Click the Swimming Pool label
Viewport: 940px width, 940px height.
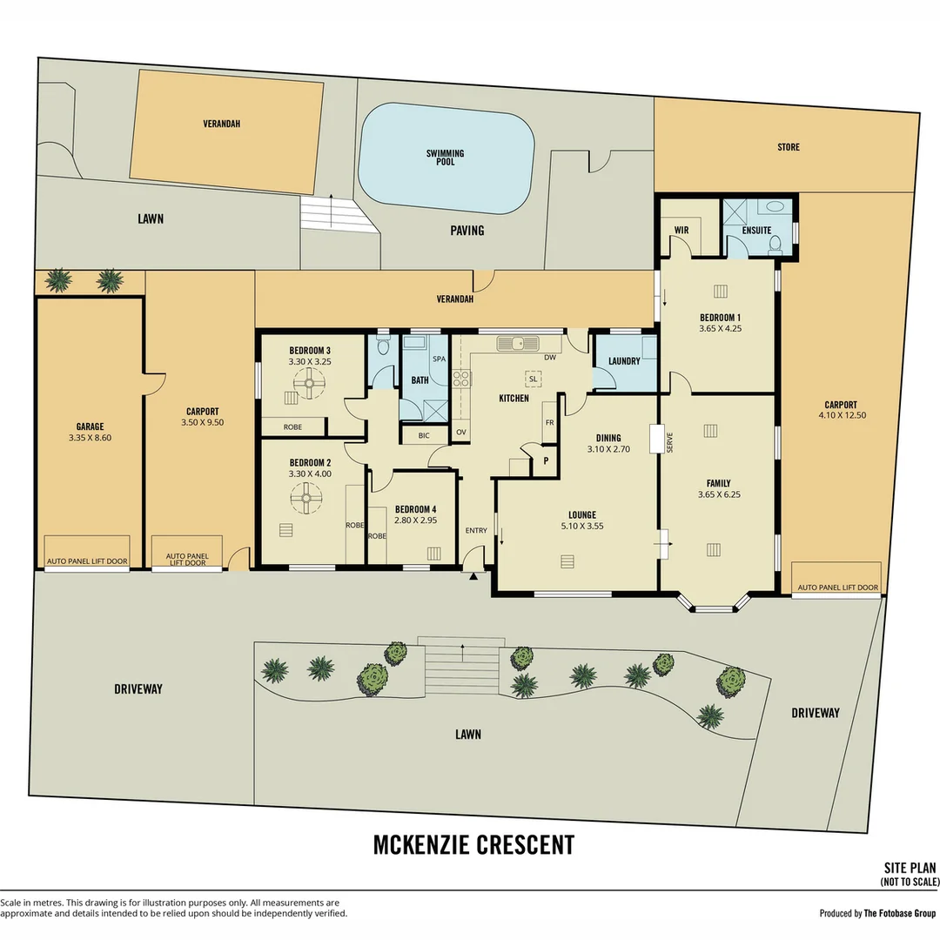(x=445, y=158)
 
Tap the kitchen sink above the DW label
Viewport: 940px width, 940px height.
(x=518, y=344)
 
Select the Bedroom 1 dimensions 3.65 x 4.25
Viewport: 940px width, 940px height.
(x=720, y=328)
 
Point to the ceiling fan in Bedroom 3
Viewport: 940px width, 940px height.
(x=309, y=383)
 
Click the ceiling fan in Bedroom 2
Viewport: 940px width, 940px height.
(x=306, y=498)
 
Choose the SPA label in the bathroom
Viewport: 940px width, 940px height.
(x=439, y=359)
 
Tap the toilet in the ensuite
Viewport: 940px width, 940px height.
(x=775, y=245)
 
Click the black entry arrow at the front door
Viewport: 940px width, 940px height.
(x=473, y=577)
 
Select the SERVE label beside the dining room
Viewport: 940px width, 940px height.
(x=669, y=442)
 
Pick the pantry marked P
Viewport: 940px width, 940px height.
(x=546, y=461)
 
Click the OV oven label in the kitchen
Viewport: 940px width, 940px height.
(x=461, y=433)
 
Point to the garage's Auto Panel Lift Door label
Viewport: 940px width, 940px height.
(x=88, y=561)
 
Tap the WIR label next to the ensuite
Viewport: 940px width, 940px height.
(x=681, y=230)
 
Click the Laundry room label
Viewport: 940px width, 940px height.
(x=624, y=361)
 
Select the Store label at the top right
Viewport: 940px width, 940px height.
(x=789, y=147)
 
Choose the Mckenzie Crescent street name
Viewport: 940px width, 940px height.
(x=473, y=844)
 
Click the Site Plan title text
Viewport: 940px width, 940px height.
(x=910, y=868)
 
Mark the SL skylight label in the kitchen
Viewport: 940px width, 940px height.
(x=533, y=379)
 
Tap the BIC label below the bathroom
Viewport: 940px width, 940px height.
(x=424, y=436)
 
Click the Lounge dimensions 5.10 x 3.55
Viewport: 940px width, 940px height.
(x=582, y=526)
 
